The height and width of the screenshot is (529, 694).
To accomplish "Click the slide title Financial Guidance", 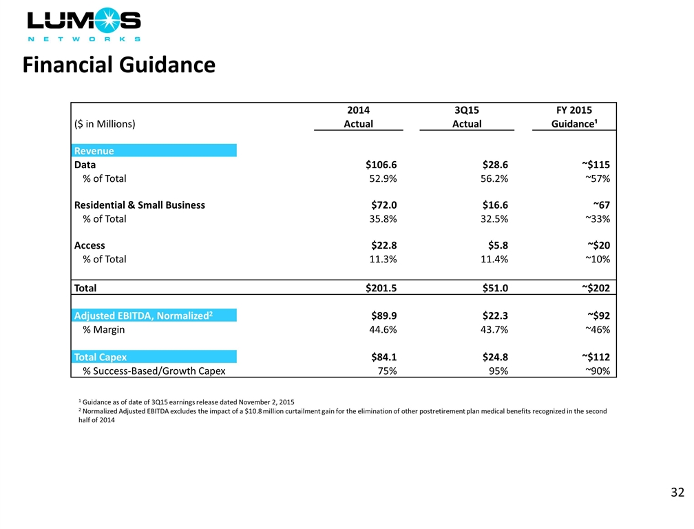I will pyautogui.click(x=118, y=65).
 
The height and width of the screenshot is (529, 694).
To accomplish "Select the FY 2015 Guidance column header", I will pyautogui.click(x=574, y=117).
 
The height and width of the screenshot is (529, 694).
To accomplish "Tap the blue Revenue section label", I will pyautogui.click(x=94, y=151).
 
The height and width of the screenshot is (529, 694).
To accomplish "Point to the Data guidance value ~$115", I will pyautogui.click(x=595, y=165).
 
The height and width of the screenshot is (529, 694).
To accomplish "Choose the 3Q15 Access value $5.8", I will pyautogui.click(x=496, y=245).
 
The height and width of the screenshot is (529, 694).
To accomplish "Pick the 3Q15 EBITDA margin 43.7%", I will pyautogui.click(x=492, y=329).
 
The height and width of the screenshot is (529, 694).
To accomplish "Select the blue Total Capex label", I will pyautogui.click(x=101, y=357).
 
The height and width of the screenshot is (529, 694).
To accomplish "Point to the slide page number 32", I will pyautogui.click(x=677, y=492).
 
